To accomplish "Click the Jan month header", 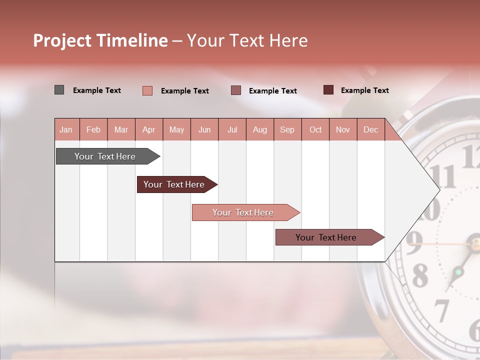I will click(66, 129).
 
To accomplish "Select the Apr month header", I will click(148, 129).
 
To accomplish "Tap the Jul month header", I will click(232, 129).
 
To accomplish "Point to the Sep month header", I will click(287, 129).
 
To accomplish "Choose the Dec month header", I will click(370, 129).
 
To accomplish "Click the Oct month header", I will click(315, 129).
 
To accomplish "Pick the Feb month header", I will click(93, 129).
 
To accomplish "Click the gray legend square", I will click(59, 90).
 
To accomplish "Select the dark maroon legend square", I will click(328, 90).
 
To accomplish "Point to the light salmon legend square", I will click(147, 90).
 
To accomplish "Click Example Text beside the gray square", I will click(97, 90).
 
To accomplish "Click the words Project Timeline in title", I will click(100, 40).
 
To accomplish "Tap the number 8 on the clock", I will click(419, 274).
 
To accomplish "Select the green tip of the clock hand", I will click(457, 272).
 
